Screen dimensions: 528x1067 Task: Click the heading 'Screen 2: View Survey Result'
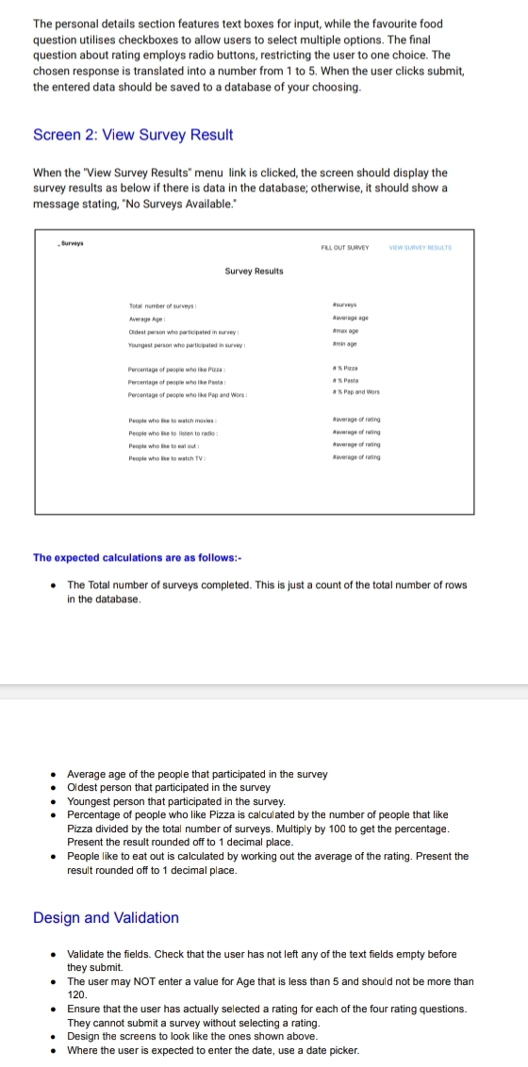click(x=133, y=135)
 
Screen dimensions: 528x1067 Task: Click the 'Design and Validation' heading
click(x=106, y=917)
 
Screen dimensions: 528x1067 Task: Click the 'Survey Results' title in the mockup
click(x=255, y=271)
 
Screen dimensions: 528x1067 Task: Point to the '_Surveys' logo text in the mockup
click(x=70, y=243)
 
